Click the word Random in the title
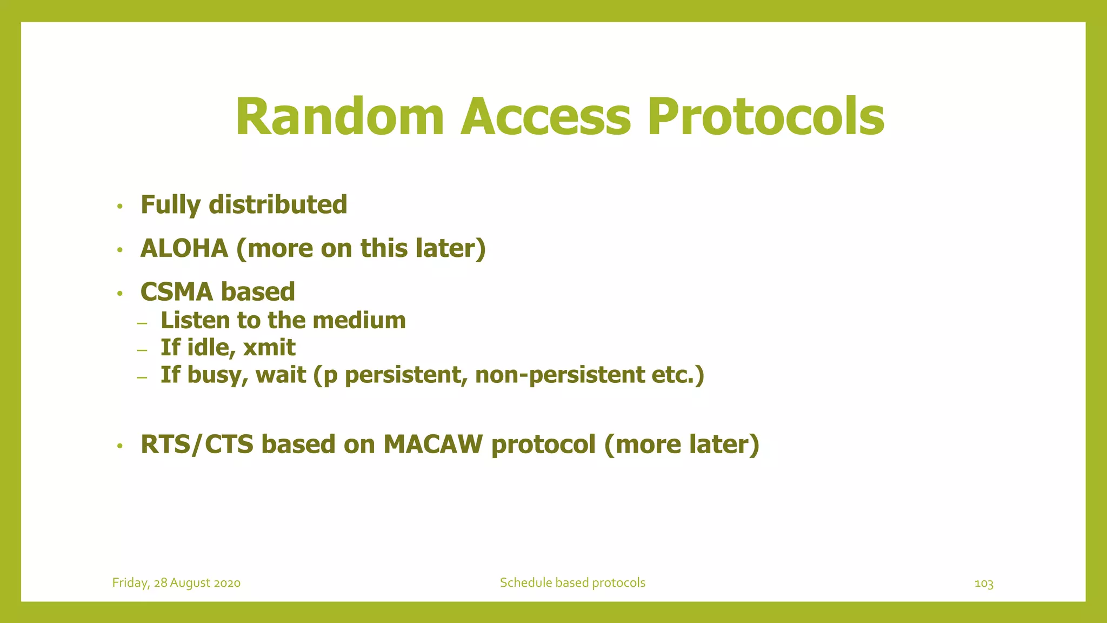[339, 117]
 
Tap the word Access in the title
[545, 117]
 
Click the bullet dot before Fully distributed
[120, 206]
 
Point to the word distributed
[278, 204]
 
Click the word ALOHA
[184, 248]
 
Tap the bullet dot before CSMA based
[120, 294]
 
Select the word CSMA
[177, 292]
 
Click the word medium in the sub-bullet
[359, 320]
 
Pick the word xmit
[269, 347]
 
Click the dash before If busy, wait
[142, 377]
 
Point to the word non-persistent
[559, 375]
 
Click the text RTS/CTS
[197, 444]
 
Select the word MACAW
[433, 444]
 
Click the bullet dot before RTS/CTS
[120, 446]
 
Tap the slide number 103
[983, 584]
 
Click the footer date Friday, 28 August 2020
[176, 583]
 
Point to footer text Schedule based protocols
[572, 582]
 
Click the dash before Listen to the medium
[142, 323]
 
